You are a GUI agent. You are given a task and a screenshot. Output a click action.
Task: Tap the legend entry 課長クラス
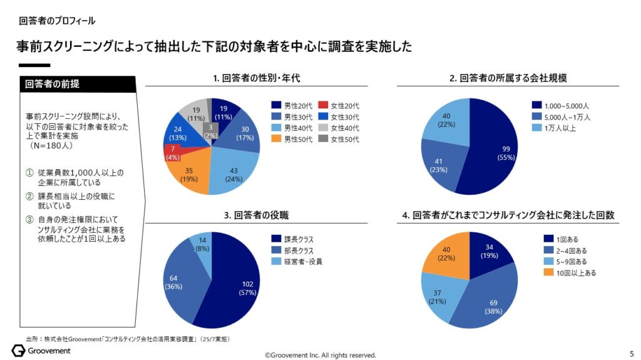(297, 239)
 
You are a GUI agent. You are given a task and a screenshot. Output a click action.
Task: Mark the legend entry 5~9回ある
(563, 262)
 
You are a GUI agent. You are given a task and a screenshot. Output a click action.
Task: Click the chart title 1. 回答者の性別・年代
(257, 78)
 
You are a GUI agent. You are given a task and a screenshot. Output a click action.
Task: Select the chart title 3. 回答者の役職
(257, 215)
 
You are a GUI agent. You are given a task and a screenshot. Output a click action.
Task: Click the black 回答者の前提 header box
(78, 84)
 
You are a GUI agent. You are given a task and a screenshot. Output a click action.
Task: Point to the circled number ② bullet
(29, 197)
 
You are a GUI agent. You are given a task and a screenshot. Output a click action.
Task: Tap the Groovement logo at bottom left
(41, 351)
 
